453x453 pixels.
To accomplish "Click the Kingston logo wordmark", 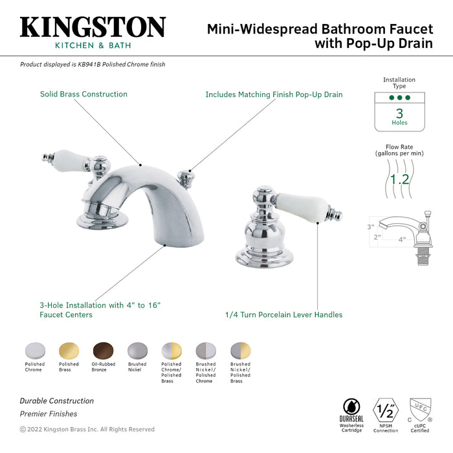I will click(x=93, y=27).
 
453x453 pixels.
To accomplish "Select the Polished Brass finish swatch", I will click(x=69, y=351).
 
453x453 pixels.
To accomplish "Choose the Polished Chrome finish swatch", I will click(x=34, y=351).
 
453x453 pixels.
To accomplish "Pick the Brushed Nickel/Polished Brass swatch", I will click(x=240, y=351).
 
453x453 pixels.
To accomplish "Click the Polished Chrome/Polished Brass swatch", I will click(x=171, y=351).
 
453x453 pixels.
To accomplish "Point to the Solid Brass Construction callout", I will click(x=83, y=94).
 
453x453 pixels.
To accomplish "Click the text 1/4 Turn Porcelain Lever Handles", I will click(x=283, y=315).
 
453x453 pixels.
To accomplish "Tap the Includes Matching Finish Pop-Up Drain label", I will click(x=274, y=94).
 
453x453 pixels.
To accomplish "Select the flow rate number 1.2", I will click(x=399, y=179).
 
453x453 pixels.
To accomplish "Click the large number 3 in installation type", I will click(x=399, y=113).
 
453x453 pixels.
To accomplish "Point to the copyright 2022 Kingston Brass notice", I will click(x=87, y=429).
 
